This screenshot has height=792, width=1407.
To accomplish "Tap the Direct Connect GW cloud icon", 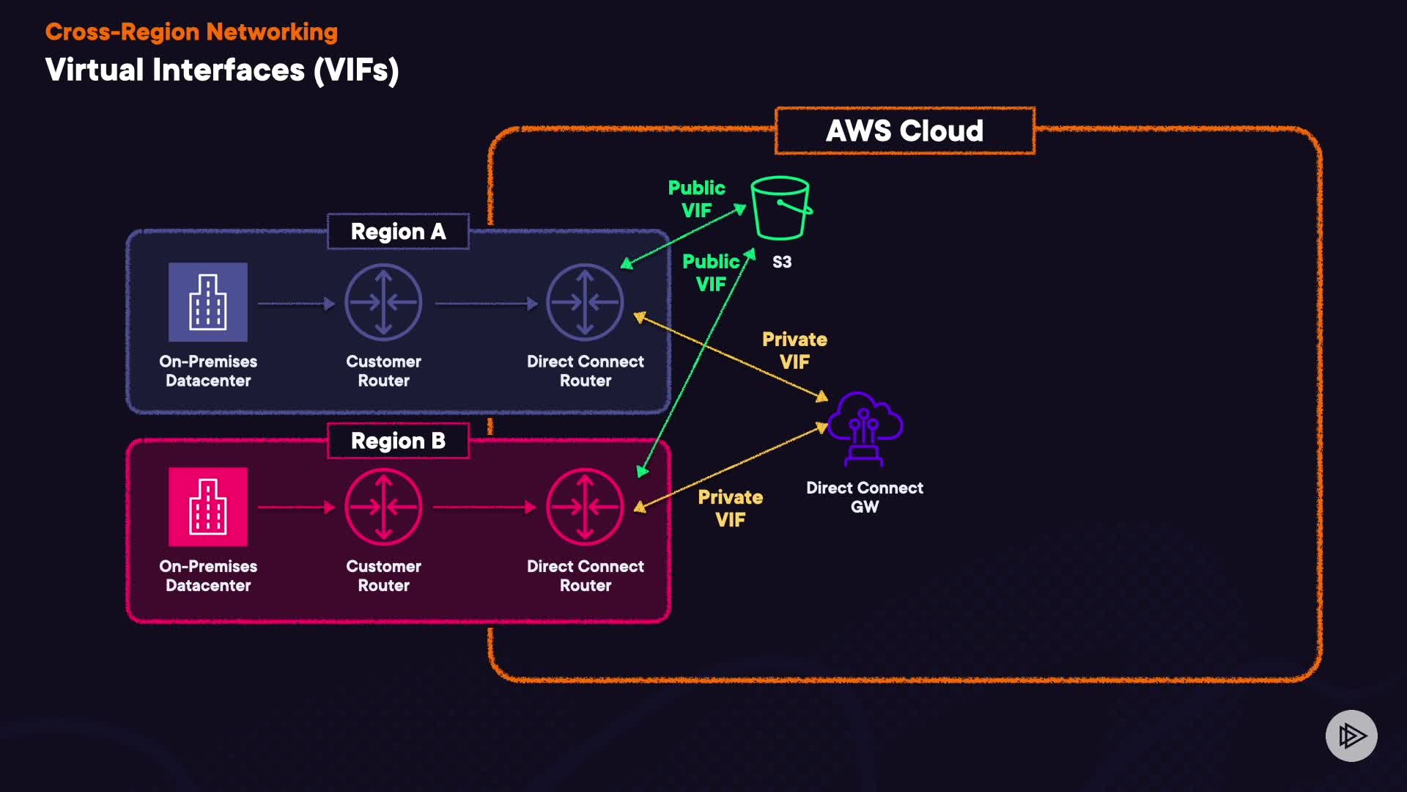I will coord(865,428).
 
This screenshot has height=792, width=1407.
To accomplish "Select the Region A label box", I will coord(398,232).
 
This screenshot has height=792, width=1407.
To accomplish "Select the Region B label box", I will coord(398,441).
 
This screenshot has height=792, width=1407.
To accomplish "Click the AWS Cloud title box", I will coord(905,131).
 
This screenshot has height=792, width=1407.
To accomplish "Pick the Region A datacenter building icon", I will coord(208,302).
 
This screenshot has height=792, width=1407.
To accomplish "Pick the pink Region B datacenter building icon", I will coord(208,507).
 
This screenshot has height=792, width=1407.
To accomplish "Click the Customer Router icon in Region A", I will coord(383,302).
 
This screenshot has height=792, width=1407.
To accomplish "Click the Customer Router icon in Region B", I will coord(383,507).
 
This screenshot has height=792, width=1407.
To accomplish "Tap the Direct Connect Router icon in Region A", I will coord(585,302).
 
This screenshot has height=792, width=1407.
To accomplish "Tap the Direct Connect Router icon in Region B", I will coord(585,507).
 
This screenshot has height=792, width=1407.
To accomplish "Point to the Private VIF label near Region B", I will coord(731,508).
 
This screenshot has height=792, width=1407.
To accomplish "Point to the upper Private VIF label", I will coord(794,351).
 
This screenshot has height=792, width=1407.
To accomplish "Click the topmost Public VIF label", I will coord(696,199).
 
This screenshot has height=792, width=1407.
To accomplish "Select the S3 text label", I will coord(782,263).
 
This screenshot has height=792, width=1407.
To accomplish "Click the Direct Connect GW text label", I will coord(865,497).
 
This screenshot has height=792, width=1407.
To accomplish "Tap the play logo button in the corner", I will coord(1351,736).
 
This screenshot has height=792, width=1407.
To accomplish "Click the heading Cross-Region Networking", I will coord(191,32).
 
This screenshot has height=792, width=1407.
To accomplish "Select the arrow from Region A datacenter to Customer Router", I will coord(296,303).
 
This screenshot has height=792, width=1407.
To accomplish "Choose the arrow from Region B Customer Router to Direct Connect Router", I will coord(484,507).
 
